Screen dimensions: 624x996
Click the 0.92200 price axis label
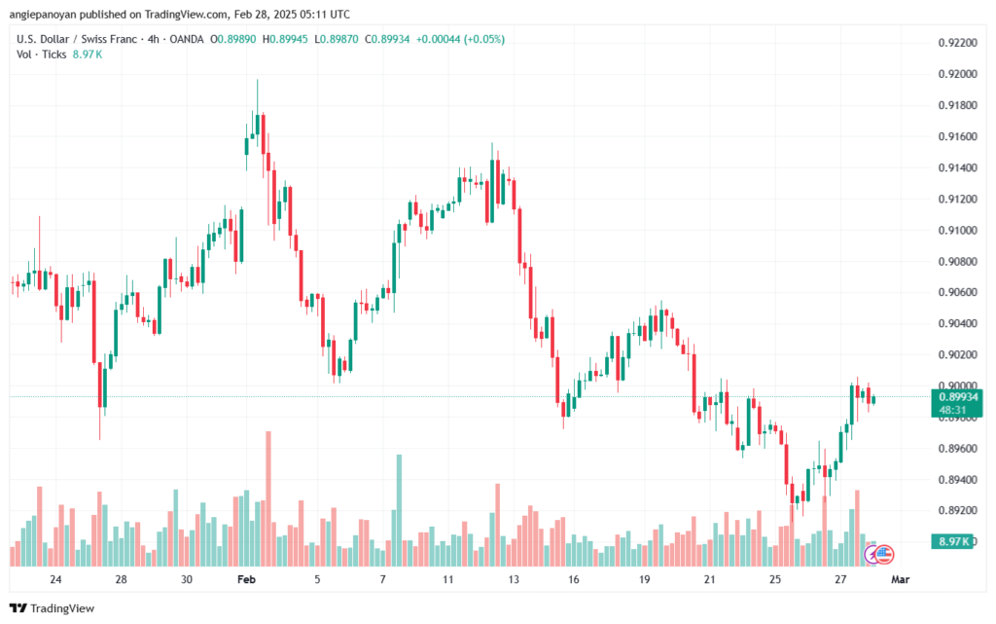coord(957,43)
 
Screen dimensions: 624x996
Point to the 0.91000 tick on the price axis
coord(957,230)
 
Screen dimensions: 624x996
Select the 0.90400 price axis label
coord(957,323)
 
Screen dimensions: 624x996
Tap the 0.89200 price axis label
coord(957,510)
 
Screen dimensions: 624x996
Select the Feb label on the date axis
coord(246,579)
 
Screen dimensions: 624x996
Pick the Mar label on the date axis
coord(900,579)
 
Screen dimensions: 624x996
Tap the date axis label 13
coord(513,579)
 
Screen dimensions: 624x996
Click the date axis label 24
coord(55,579)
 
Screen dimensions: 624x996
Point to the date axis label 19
coord(644,579)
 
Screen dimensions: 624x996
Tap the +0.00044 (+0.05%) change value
coord(460,39)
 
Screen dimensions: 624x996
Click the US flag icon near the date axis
coord(884,554)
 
